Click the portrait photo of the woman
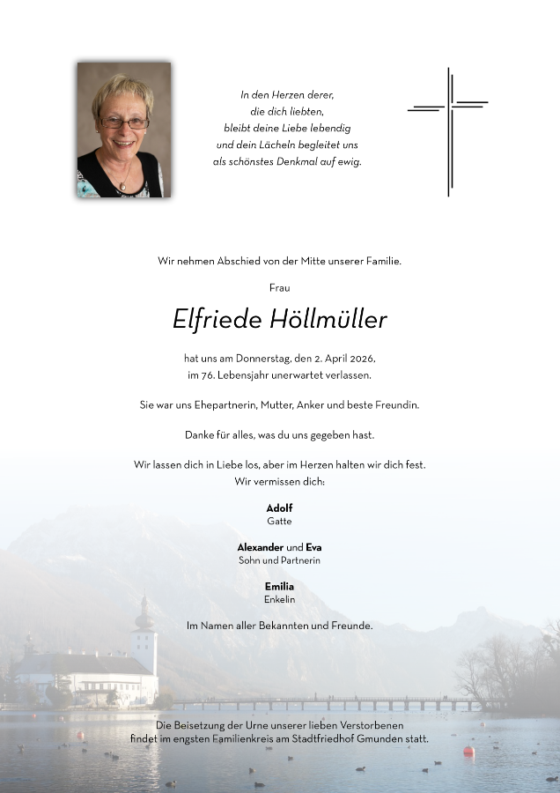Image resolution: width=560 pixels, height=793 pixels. (123, 130)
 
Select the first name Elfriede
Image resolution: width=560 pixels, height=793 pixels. (216, 320)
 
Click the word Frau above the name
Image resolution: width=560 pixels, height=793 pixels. (280, 287)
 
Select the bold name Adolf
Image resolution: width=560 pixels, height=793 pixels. (279, 508)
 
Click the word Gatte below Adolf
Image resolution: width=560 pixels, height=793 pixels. (279, 521)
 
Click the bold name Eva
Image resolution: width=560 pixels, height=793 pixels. (313, 547)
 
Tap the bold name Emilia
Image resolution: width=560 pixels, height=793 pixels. (279, 586)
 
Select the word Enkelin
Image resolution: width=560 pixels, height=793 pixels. (279, 599)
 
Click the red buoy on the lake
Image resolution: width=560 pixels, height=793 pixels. (468, 752)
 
